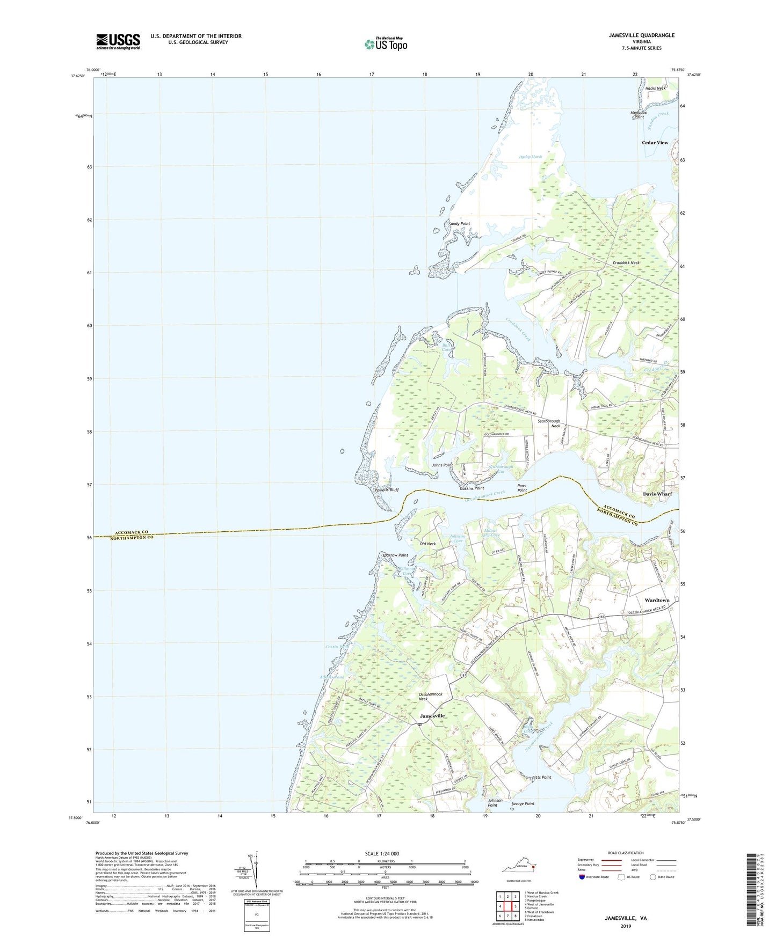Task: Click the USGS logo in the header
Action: (x=118, y=41)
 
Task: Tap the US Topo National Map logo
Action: (x=385, y=44)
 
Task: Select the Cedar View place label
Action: (x=655, y=143)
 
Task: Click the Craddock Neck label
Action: (x=626, y=263)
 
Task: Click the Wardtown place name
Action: (x=657, y=600)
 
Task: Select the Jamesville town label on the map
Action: (x=432, y=716)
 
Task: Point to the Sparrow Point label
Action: (x=395, y=555)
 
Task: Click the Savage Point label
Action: (x=523, y=803)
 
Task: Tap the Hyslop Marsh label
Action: (x=530, y=157)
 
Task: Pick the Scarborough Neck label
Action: (x=549, y=424)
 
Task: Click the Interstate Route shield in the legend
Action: (x=583, y=877)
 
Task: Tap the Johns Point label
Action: (x=442, y=465)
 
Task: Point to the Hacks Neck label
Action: (x=655, y=89)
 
